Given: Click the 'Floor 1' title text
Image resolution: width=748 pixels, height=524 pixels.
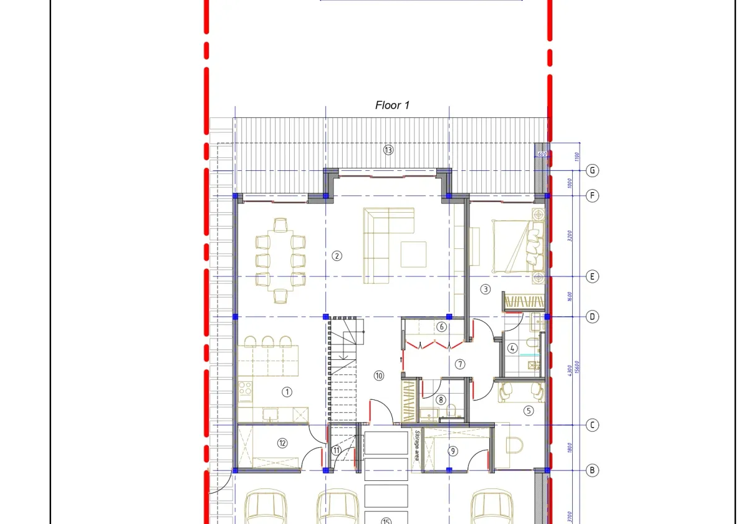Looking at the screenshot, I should click(392, 105).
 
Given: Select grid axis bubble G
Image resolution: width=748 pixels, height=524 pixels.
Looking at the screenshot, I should click(593, 170).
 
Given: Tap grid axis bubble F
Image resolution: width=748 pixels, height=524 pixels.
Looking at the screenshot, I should click(593, 196).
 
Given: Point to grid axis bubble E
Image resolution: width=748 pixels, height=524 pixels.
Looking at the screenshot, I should click(593, 276).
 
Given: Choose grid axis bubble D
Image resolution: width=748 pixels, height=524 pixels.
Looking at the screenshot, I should click(593, 317).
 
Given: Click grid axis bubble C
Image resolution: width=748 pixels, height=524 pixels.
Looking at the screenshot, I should click(593, 425).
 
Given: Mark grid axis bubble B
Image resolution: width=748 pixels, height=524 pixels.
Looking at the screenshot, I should click(593, 470).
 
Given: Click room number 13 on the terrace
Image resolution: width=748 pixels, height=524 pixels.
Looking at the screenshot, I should click(388, 150).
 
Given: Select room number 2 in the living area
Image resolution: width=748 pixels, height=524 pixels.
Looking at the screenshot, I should click(337, 255).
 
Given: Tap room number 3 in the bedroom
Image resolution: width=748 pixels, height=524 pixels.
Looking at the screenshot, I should click(486, 289).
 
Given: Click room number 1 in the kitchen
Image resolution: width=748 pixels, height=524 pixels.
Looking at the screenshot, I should click(287, 392).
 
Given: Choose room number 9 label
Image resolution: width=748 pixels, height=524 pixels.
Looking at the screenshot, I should click(453, 451).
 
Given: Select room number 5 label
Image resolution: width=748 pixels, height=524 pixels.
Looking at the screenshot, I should click(529, 410).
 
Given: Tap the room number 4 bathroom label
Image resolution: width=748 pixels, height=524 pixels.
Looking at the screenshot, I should click(512, 349).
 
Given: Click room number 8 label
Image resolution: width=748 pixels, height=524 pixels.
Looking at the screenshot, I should click(441, 400).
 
